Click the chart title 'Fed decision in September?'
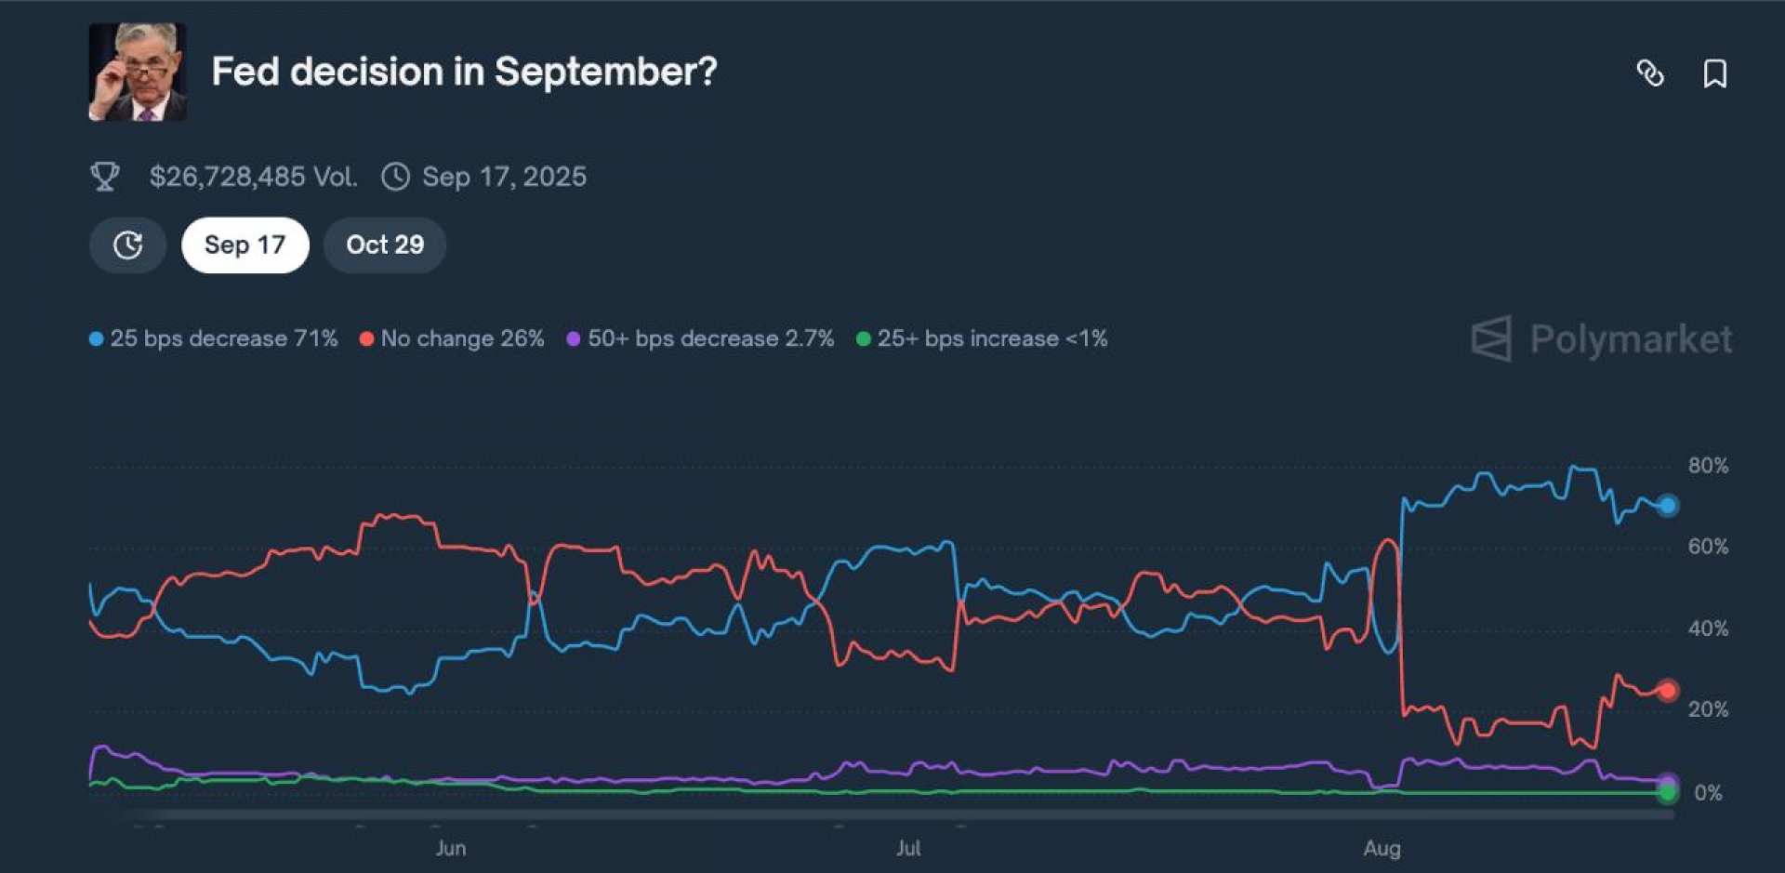tap(464, 72)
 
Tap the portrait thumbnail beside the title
tap(138, 73)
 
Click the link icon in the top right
tap(1650, 73)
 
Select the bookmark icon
tap(1714, 73)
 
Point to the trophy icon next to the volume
tap(105, 177)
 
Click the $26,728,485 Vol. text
tap(253, 177)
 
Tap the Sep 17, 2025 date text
tap(504, 177)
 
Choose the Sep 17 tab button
tap(245, 245)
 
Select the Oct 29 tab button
tap(385, 245)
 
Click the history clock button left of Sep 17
tap(127, 245)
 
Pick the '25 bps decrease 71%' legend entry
tap(214, 338)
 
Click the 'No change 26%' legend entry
tap(453, 338)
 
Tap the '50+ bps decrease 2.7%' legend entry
tap(701, 338)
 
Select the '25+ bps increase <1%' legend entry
tap(983, 338)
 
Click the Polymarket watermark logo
tap(1602, 339)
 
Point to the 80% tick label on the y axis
tap(1708, 466)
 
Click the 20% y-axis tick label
tap(1708, 709)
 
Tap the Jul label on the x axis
tap(908, 848)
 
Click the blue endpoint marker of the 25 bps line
tap(1668, 506)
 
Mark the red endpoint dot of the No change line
tap(1668, 690)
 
